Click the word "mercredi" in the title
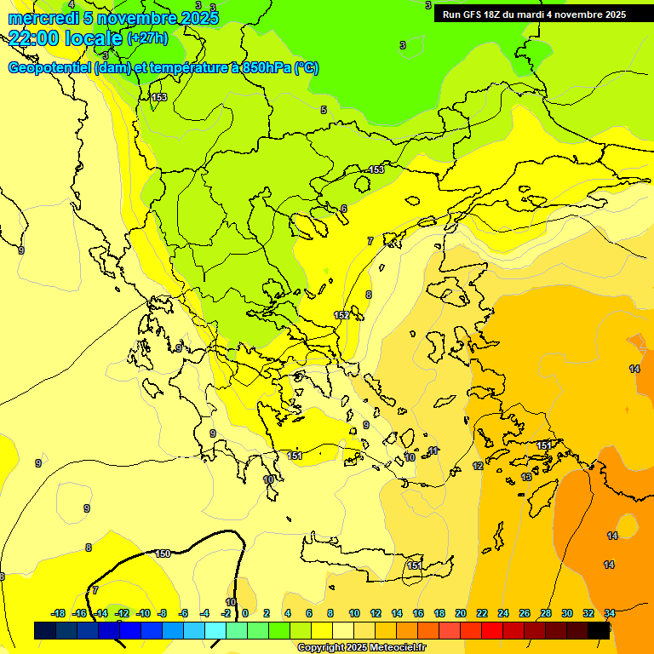click(43, 18)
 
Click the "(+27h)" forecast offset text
click(147, 38)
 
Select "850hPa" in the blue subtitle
click(266, 68)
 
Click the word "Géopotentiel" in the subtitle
click(48, 68)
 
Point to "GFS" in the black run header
click(476, 14)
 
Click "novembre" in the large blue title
click(137, 18)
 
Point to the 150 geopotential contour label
click(163, 554)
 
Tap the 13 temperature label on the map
click(526, 478)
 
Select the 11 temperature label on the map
click(433, 450)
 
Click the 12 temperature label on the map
click(478, 467)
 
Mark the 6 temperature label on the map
click(344, 209)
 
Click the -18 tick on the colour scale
click(59, 613)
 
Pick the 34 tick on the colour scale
click(610, 613)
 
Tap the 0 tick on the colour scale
click(245, 613)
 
